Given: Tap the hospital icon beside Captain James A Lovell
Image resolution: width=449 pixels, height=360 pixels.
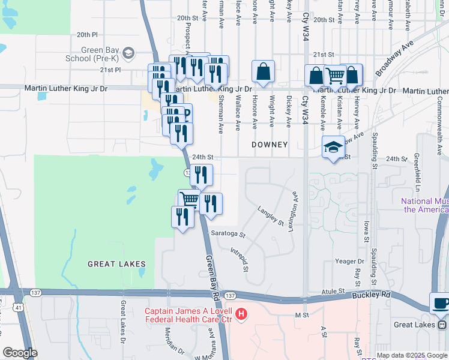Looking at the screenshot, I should pyautogui.click(x=241, y=313).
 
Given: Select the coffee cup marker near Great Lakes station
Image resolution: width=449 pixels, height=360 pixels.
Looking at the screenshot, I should pyautogui.click(x=440, y=303).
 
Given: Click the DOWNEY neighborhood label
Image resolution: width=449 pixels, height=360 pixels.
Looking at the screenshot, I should pyautogui.click(x=270, y=145).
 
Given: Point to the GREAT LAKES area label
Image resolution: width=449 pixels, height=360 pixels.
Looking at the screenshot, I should pyautogui.click(x=116, y=264).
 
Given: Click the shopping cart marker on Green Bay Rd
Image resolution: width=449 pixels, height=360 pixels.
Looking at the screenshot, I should pyautogui.click(x=190, y=199).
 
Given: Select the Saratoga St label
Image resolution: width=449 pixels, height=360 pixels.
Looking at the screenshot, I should pyautogui.click(x=228, y=234).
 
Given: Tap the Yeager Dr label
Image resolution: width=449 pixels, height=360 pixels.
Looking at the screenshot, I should pyautogui.click(x=349, y=262).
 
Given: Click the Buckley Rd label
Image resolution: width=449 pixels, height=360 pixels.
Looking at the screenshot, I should pyautogui.click(x=375, y=295).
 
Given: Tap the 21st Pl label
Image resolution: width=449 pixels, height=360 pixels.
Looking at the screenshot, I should pyautogui.click(x=110, y=70).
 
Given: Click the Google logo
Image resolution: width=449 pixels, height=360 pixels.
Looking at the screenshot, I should pyautogui.click(x=20, y=353).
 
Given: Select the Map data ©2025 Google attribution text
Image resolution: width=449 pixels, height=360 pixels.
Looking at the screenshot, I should pyautogui.click(x=412, y=355).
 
